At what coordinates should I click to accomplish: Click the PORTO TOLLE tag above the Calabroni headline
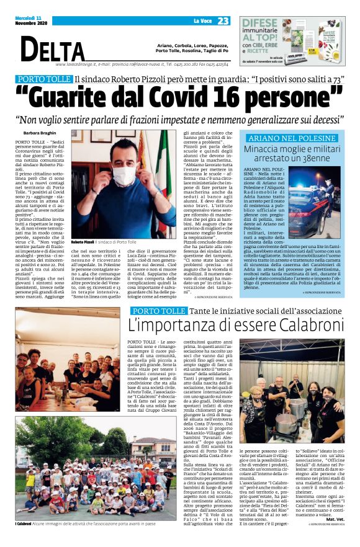point(159,310)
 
